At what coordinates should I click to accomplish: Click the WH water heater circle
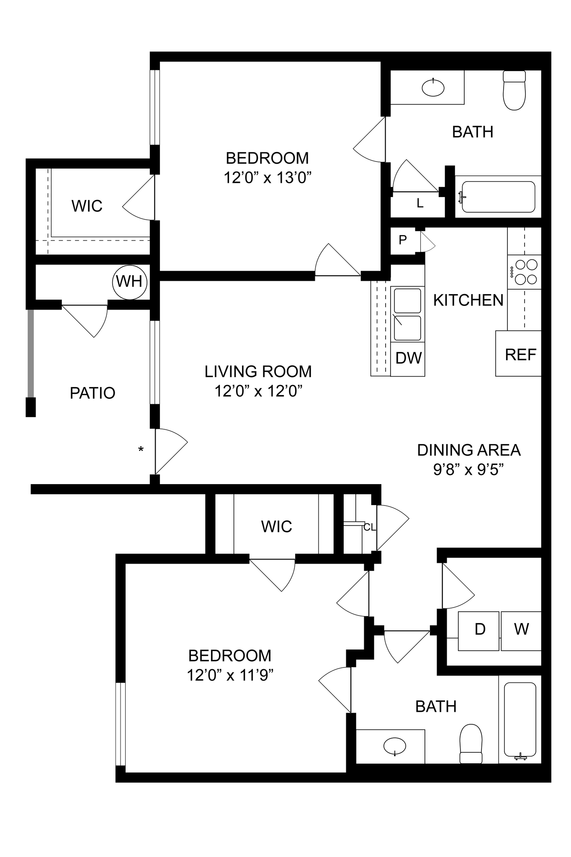(130, 282)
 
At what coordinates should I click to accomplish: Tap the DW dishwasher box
(408, 358)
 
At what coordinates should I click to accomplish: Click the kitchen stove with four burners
(525, 272)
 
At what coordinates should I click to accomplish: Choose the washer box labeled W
(521, 631)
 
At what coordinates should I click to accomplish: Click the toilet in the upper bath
(514, 91)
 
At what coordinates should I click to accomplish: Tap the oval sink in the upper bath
(433, 87)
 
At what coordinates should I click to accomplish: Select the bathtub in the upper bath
(498, 197)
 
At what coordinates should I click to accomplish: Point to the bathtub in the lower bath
(520, 719)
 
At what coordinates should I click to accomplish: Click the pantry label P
(403, 240)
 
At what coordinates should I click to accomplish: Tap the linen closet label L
(420, 204)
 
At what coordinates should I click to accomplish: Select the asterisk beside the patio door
(141, 449)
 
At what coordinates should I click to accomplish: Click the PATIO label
(93, 393)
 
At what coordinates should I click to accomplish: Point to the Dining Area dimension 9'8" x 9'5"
(468, 470)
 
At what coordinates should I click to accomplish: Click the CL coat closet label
(369, 527)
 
